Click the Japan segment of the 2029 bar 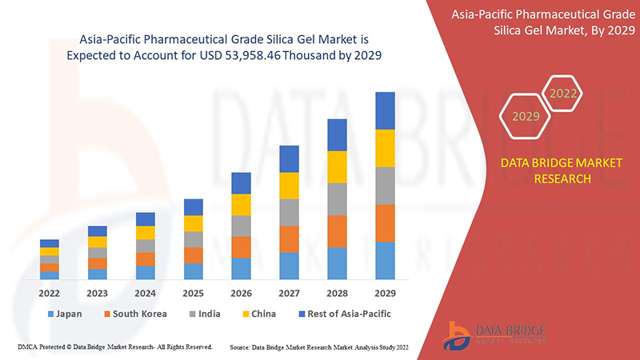click(385, 260)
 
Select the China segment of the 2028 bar click(337, 166)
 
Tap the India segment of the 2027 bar click(289, 212)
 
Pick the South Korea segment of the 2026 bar click(241, 246)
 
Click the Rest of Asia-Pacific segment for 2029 click(385, 110)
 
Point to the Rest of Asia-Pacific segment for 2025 click(193, 207)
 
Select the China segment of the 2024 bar click(145, 233)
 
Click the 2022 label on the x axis click(50, 293)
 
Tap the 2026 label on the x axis click(241, 293)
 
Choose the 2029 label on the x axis click(385, 293)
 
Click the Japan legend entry click(64, 314)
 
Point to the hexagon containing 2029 click(526, 117)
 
